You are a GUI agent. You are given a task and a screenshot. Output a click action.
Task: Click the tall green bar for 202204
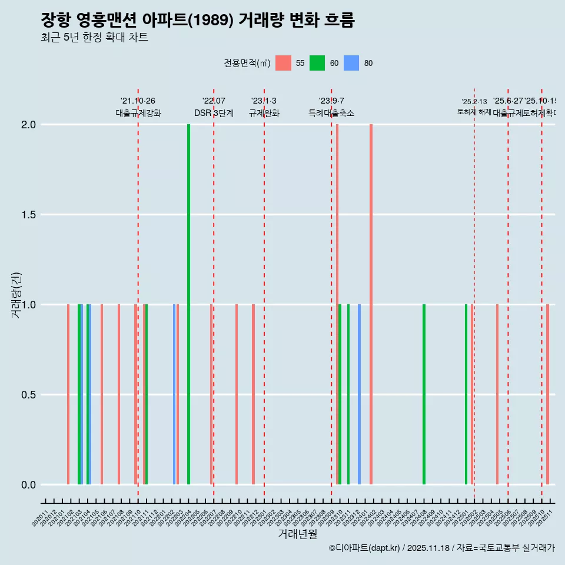pyautogui.click(x=188, y=304)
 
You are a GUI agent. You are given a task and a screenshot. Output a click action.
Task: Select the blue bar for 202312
pyautogui.click(x=359, y=394)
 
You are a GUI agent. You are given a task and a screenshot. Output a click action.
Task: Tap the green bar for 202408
pyautogui.click(x=424, y=394)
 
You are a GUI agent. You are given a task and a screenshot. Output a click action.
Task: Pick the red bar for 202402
pyautogui.click(x=371, y=304)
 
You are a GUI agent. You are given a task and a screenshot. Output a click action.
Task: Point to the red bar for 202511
pyautogui.click(x=547, y=394)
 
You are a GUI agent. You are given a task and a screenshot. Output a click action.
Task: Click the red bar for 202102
pyautogui.click(x=68, y=394)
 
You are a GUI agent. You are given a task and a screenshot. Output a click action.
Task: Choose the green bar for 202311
pyautogui.click(x=348, y=394)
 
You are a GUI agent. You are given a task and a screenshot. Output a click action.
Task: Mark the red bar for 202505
pyautogui.click(x=497, y=394)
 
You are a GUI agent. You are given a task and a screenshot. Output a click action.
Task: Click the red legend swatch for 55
pyautogui.click(x=283, y=63)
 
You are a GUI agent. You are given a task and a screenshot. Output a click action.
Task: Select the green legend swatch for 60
pyautogui.click(x=317, y=63)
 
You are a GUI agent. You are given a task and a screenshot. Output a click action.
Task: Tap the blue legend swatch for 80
pyautogui.click(x=351, y=63)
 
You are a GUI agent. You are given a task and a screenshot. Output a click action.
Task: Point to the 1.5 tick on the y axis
pyautogui.click(x=29, y=215)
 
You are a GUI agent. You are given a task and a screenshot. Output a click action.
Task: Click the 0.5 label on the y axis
pyautogui.click(x=29, y=395)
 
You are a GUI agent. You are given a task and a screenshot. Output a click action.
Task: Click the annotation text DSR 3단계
pyautogui.click(x=214, y=113)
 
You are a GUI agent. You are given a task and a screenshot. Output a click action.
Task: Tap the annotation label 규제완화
pyautogui.click(x=264, y=113)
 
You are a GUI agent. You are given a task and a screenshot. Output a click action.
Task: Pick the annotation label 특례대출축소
pyautogui.click(x=331, y=113)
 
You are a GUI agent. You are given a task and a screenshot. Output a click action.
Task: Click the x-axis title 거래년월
pyautogui.click(x=297, y=534)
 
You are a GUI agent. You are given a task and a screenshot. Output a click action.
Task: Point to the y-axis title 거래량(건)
pyautogui.click(x=16, y=295)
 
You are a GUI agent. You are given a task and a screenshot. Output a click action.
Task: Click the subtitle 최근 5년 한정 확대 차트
pyautogui.click(x=94, y=38)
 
